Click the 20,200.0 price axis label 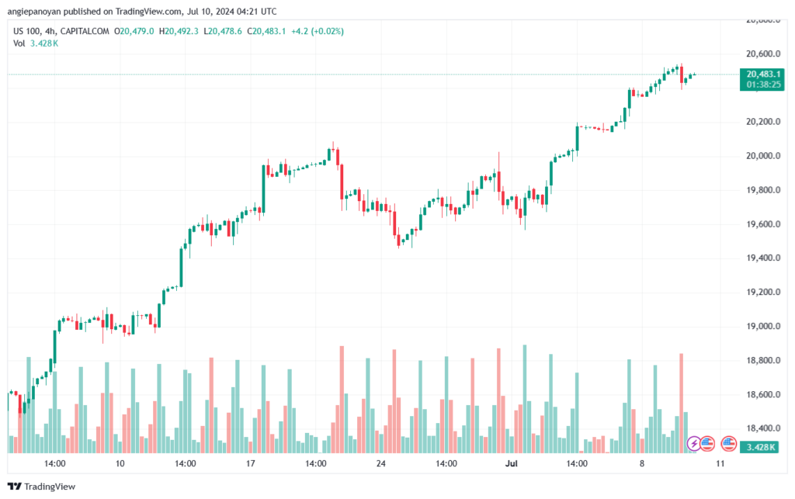[x=760, y=122]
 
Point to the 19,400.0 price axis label [x=760, y=258]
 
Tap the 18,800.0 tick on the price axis [x=760, y=360]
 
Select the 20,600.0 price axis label [x=760, y=54]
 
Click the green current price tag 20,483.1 [x=760, y=74]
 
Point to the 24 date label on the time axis [x=380, y=464]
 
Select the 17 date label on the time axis [x=250, y=464]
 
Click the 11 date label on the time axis [x=720, y=464]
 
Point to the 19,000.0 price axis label [x=760, y=326]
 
